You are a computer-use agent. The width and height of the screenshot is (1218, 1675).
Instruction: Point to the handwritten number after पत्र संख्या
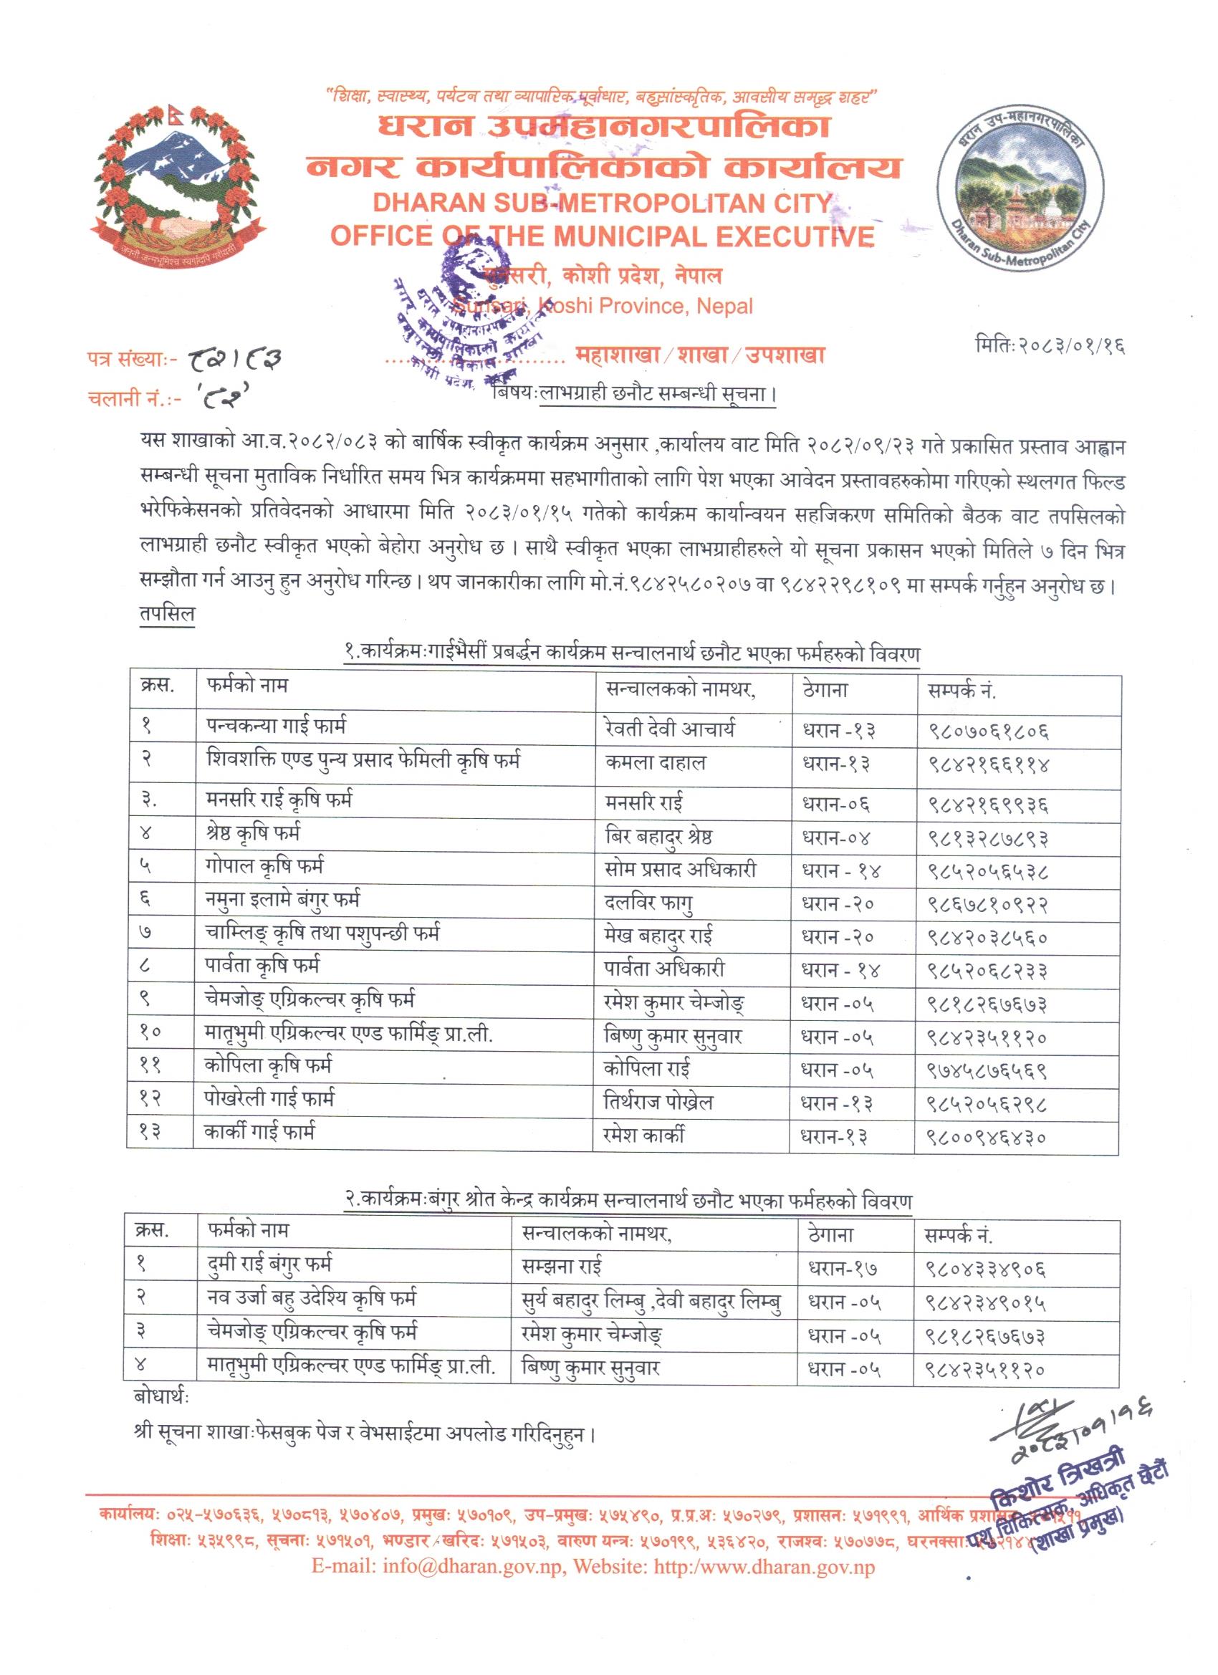pyautogui.click(x=236, y=360)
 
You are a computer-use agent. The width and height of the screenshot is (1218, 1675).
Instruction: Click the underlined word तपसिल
pyautogui.click(x=166, y=615)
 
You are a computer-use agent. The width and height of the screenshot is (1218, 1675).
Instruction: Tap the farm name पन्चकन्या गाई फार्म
pyautogui.click(x=277, y=726)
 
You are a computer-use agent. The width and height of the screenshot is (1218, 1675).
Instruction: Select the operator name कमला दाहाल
pyautogui.click(x=654, y=762)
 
